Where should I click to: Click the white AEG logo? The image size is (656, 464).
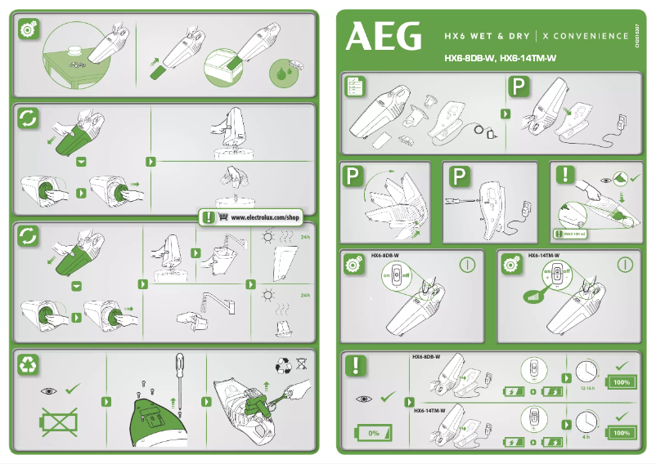(384, 36)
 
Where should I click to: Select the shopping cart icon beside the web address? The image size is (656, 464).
(210, 218)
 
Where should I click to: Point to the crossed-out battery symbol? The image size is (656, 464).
(55, 423)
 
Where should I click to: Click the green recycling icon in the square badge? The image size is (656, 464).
(29, 366)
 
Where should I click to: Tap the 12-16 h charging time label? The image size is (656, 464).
(586, 389)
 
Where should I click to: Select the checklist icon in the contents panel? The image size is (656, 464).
(356, 87)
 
